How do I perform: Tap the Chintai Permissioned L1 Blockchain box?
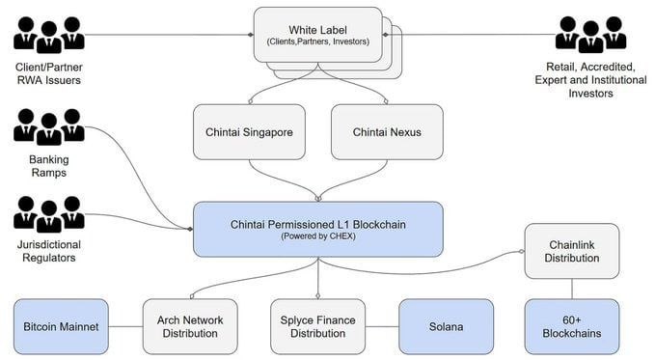click(x=317, y=229)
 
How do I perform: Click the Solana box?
click(x=445, y=326)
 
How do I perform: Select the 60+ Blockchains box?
click(x=572, y=326)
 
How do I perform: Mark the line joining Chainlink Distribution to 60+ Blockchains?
click(x=572, y=288)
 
